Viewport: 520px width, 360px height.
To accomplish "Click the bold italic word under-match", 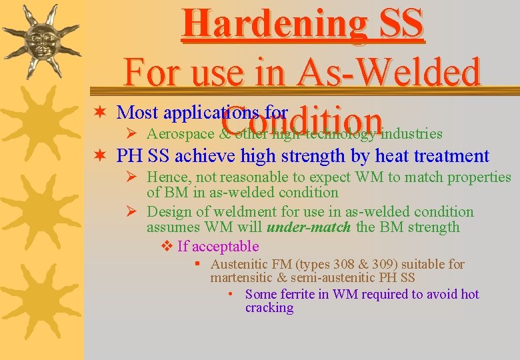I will [308, 227].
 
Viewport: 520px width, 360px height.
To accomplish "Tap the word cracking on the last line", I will [269, 307].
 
